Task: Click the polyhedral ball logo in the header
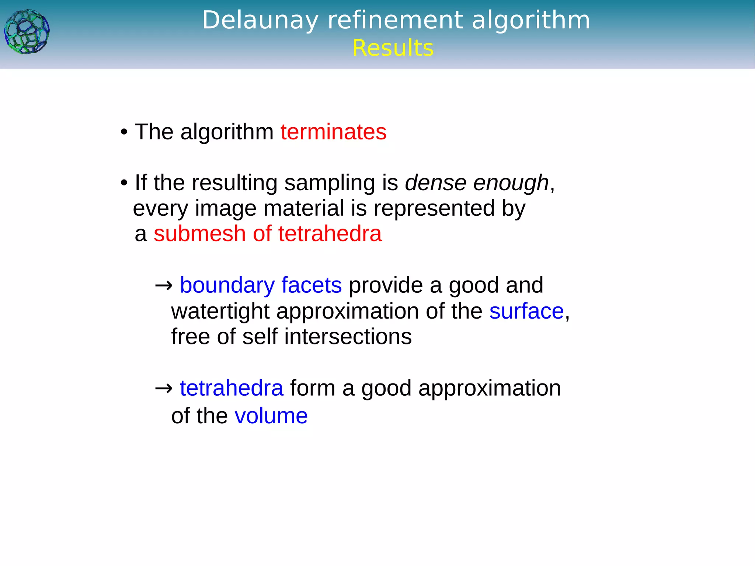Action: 27,32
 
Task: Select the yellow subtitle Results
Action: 393,48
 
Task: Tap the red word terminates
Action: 333,132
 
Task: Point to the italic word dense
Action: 436,183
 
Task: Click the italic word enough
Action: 511,183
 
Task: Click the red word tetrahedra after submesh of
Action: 330,234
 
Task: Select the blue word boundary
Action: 227,285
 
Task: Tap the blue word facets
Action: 312,285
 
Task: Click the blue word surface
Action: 526,311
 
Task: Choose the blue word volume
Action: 271,416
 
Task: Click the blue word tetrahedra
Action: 232,388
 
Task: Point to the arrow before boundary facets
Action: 164,285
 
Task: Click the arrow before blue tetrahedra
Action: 164,388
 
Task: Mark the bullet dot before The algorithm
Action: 124,132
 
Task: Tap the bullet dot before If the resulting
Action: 124,183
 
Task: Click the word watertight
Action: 220,311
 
